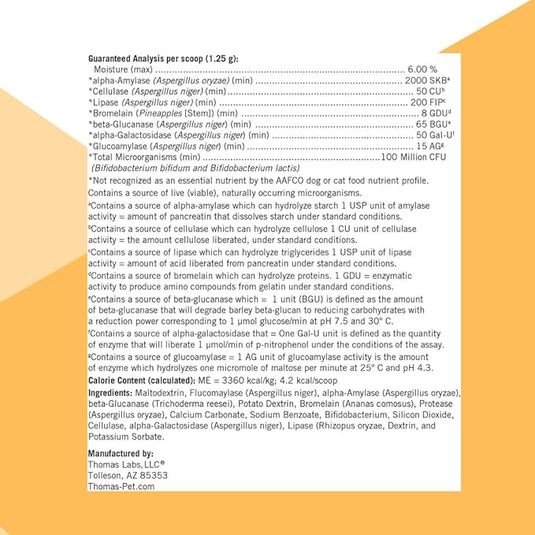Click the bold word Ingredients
coord(110,392)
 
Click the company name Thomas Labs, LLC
coord(126,465)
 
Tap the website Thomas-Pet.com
coord(121,487)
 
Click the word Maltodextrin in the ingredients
coord(158,392)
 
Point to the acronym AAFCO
coord(306,180)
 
